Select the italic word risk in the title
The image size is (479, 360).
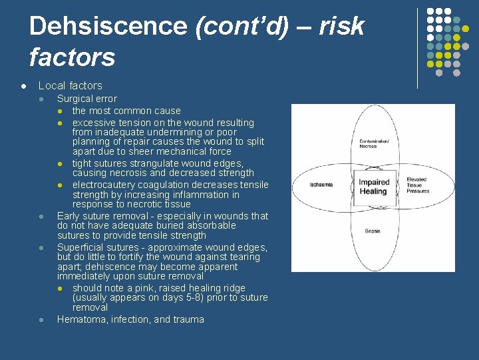pos(342,27)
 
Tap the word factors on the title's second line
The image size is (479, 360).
pos(72,57)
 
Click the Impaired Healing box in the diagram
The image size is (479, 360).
pos(373,187)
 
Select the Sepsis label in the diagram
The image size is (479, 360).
pos(373,231)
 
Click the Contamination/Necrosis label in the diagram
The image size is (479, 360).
pos(373,143)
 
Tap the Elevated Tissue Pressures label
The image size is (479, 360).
pos(418,185)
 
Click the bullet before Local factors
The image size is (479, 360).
pos(23,86)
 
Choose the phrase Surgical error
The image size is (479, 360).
pos(86,99)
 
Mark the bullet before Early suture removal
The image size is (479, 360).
pos(42,217)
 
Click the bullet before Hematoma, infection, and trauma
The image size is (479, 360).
pos(42,320)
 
